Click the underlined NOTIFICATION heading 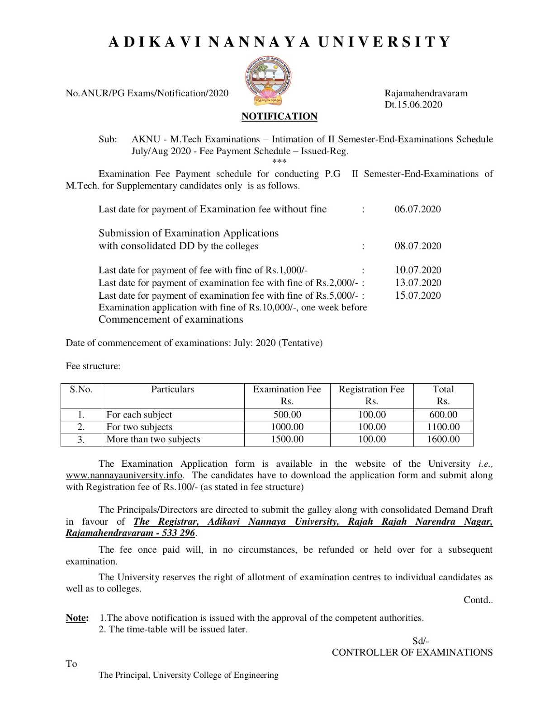point(279,117)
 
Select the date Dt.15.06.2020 point(413,105)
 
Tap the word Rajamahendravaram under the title point(426,94)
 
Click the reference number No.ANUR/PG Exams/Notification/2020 point(147,94)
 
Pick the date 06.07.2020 point(417,209)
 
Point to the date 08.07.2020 point(417,246)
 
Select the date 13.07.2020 point(417,283)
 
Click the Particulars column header point(172,390)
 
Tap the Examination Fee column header point(287,390)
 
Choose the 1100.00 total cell point(443,427)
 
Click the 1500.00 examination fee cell point(287,439)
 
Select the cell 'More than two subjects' point(153,439)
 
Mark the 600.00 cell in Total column point(443,415)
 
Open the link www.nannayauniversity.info point(124,475)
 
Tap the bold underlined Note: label point(77,618)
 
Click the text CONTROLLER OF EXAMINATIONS point(412,653)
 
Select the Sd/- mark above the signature point(420,641)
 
